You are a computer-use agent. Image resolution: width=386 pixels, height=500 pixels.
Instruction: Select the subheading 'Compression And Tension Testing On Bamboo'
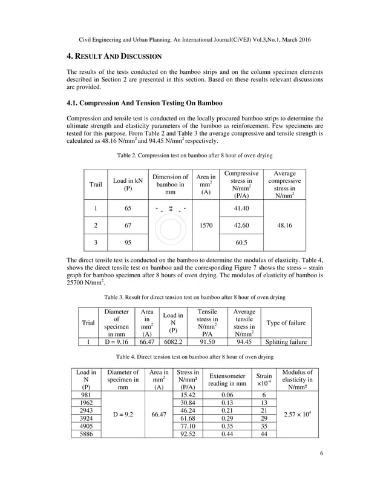click(145, 102)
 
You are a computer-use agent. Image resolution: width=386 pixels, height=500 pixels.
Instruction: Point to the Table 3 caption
click(192, 297)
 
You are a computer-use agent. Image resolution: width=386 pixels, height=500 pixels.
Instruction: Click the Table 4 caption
click(192, 357)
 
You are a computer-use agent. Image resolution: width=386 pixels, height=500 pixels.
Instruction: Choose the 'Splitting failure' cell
click(286, 341)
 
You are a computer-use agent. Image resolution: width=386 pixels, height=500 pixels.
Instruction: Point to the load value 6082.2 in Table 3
click(173, 341)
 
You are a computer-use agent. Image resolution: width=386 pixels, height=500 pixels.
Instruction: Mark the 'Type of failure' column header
click(286, 322)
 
